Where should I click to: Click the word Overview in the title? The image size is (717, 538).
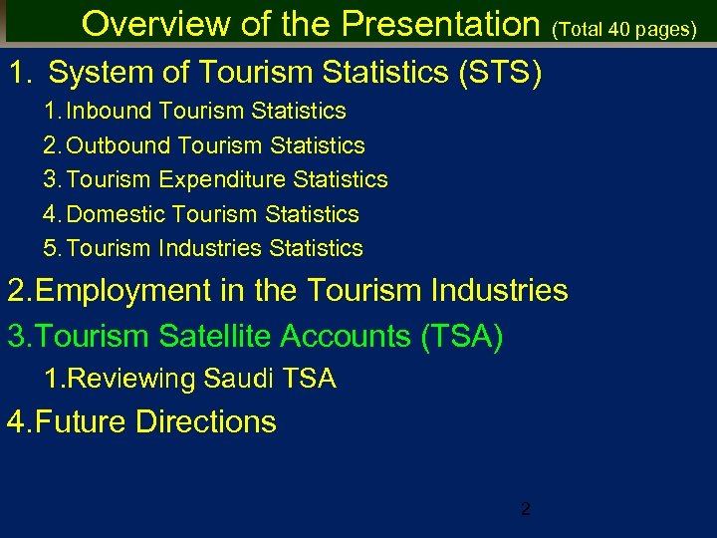(145, 24)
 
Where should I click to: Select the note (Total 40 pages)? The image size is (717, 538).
(624, 30)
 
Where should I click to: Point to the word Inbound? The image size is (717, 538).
(109, 111)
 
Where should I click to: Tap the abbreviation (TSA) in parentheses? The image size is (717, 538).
(462, 337)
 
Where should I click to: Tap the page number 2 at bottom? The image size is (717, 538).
(526, 510)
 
